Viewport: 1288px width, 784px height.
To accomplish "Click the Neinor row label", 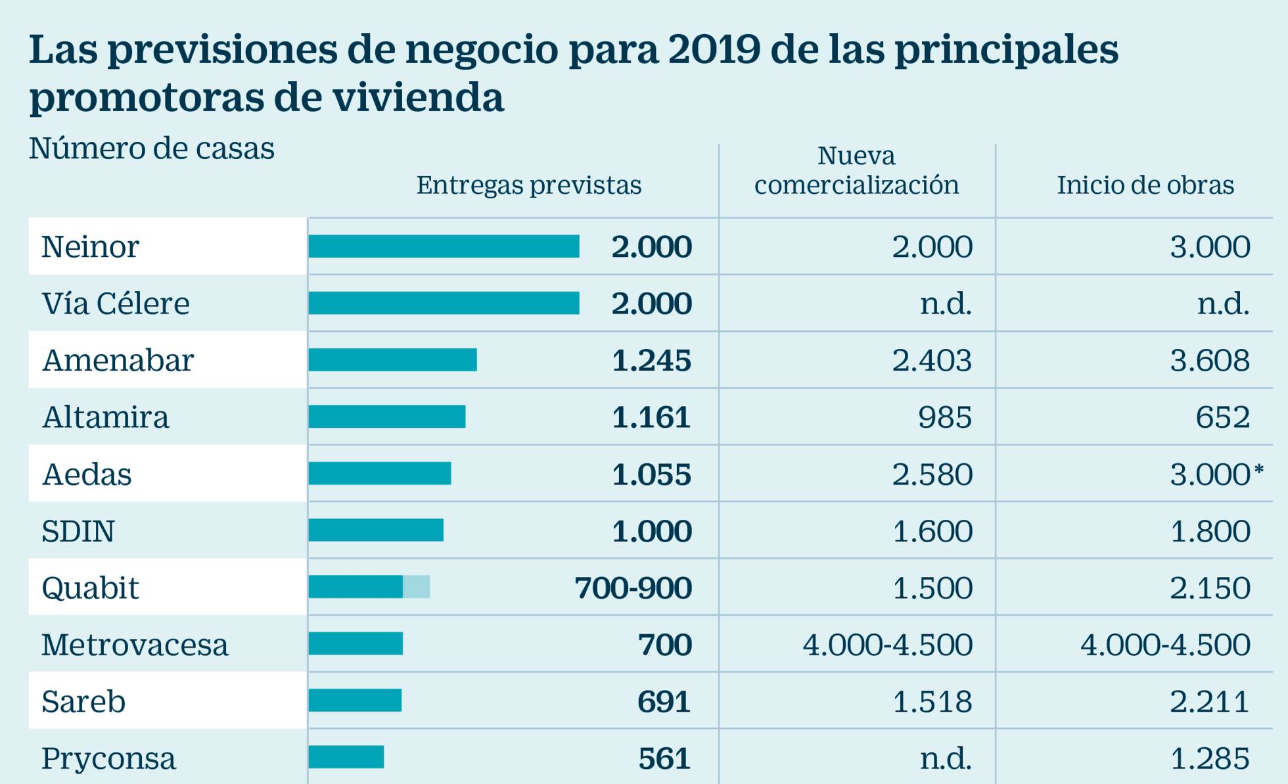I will click(x=90, y=247).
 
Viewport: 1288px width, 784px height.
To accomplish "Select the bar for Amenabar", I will click(x=392, y=360).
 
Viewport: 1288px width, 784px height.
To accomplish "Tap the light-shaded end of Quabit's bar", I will click(x=417, y=587).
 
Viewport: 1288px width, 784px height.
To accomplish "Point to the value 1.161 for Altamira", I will click(x=651, y=417).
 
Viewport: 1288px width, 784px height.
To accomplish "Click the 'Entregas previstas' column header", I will click(x=528, y=185).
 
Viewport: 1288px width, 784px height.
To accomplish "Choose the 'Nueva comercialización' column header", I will click(x=856, y=171).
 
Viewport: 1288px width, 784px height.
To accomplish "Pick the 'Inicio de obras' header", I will click(x=1145, y=185).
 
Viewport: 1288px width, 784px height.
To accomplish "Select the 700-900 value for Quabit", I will click(x=633, y=588).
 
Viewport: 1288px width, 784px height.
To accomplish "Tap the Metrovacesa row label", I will click(x=135, y=645).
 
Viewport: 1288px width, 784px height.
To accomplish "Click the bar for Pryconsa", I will click(x=346, y=757).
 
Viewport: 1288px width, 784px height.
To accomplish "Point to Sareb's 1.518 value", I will click(x=932, y=702).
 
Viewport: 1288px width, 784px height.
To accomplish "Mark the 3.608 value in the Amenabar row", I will click(x=1210, y=361).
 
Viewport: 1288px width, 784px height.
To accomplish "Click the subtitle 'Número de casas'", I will click(x=151, y=149).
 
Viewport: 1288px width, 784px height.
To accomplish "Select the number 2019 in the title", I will click(x=714, y=49).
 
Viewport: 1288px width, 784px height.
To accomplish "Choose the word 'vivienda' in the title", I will click(x=418, y=98).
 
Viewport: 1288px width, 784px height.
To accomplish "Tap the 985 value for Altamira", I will click(x=944, y=417).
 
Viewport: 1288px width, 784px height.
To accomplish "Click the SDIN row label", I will click(x=78, y=531).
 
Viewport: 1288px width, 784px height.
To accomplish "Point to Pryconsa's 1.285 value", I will click(x=1210, y=758).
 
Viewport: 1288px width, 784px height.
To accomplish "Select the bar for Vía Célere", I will click(x=444, y=304).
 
